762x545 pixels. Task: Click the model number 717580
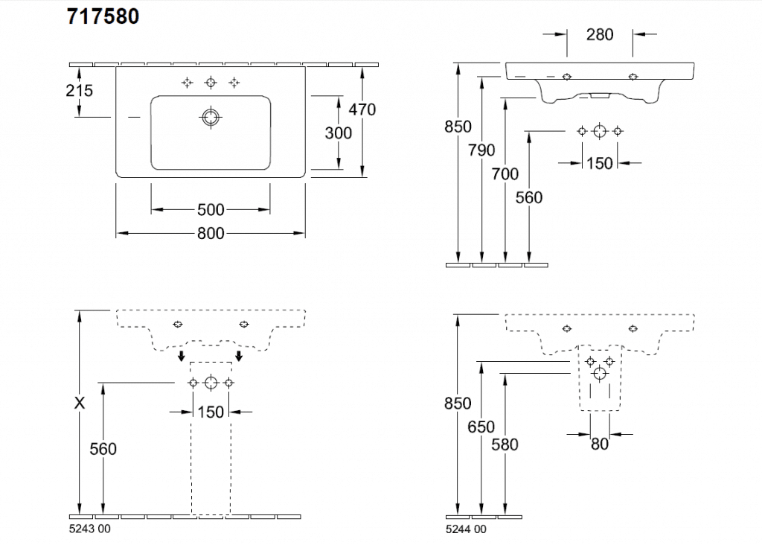103,16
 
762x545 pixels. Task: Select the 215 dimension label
79,90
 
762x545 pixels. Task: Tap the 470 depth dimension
362,109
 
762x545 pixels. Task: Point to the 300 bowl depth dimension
339,133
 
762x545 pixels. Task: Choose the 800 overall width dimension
211,234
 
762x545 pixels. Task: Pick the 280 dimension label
600,34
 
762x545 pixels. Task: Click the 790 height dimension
482,150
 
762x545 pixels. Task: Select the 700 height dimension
505,174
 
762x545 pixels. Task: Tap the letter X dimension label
80,403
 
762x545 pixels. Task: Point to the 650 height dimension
481,427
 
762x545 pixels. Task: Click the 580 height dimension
505,444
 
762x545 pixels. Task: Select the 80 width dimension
600,444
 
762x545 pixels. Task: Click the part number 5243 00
89,529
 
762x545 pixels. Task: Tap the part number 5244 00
466,529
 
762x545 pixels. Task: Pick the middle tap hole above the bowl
211,82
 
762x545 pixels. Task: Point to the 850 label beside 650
458,403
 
